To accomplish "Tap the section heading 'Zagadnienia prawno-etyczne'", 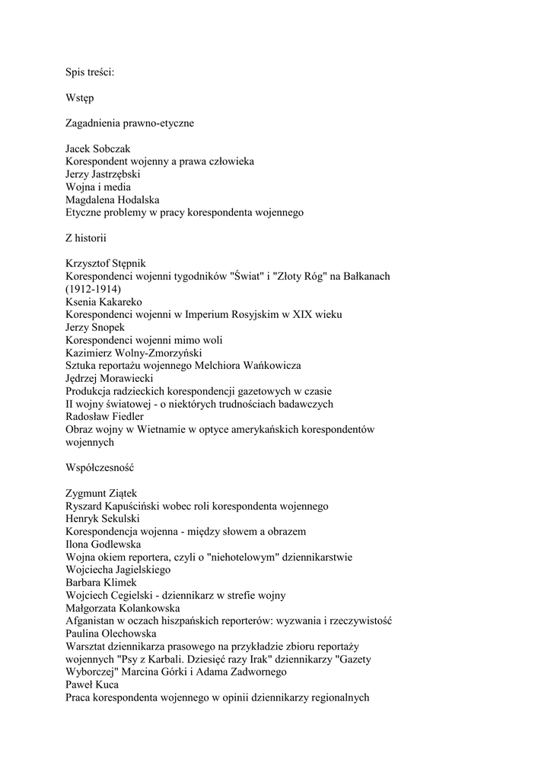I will (x=129, y=123).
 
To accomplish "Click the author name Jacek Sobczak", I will (x=98, y=149).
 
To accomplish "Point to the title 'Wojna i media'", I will (x=98, y=187).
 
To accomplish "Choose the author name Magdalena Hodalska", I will (x=112, y=200).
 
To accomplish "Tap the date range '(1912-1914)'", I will (x=93, y=289).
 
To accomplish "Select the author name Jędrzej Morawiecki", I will (x=110, y=378).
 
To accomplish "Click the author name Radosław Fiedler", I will (x=104, y=417).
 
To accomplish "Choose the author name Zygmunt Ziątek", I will (x=100, y=494).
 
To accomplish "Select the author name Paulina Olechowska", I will (x=111, y=634).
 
